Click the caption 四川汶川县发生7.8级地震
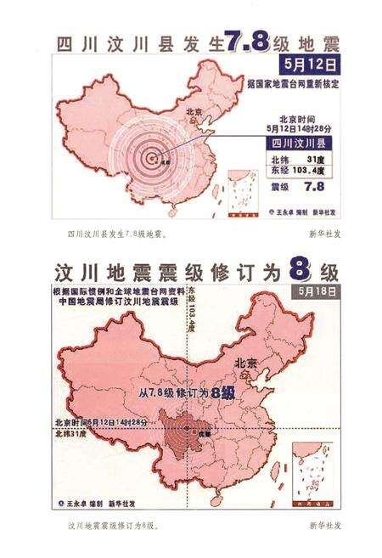(115, 232)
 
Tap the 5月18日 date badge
(313, 292)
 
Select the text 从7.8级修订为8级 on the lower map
(186, 393)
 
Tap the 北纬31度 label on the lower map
(68, 436)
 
